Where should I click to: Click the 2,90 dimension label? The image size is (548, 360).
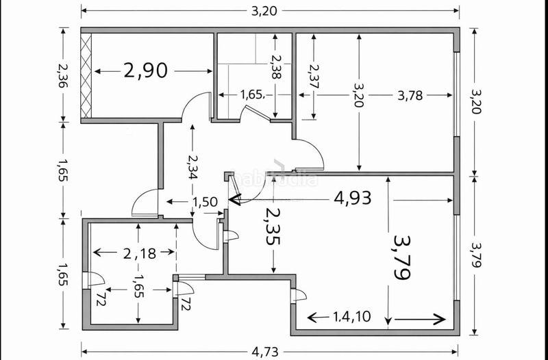click(x=146, y=70)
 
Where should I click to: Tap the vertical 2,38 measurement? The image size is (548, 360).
click(x=276, y=66)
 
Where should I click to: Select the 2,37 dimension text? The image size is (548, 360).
click(x=314, y=76)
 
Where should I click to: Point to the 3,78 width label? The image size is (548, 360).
click(x=410, y=95)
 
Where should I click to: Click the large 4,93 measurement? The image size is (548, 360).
click(x=353, y=198)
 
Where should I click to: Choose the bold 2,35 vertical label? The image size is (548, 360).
click(x=273, y=227)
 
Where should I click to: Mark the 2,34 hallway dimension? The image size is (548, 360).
click(x=192, y=166)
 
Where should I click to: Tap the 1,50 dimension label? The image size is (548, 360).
click(x=205, y=202)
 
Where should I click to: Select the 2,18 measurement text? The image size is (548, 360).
click(x=140, y=253)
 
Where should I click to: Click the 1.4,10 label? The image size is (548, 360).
click(x=351, y=317)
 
